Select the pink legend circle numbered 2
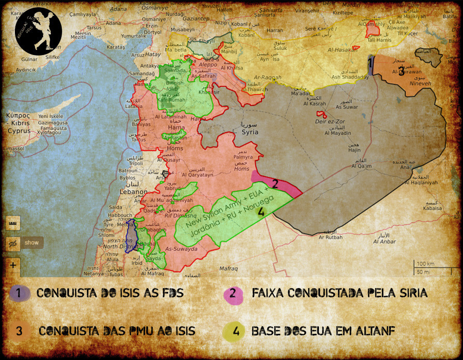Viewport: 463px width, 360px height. tap(233, 293)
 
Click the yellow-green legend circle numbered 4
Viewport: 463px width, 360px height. tap(235, 331)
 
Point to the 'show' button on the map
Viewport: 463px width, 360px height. tap(31, 242)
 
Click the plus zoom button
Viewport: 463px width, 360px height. tap(13, 266)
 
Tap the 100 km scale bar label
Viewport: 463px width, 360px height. tap(425, 264)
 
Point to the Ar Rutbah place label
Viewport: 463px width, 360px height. tap(330, 238)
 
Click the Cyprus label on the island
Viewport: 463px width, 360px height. tap(16, 131)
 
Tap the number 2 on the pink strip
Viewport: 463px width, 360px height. tap(275, 184)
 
